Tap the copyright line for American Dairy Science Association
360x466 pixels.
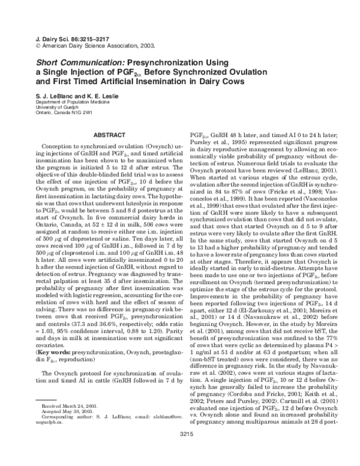[x=83, y=44]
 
